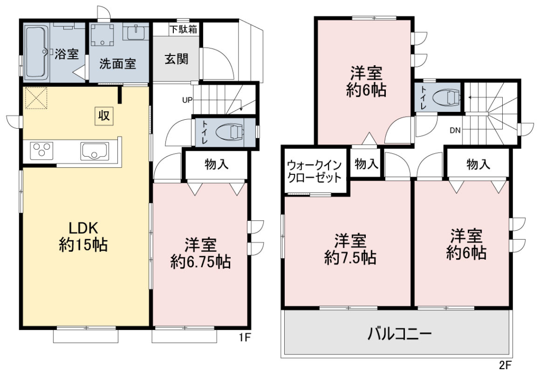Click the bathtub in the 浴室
click(36, 53)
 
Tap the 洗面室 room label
click(118, 64)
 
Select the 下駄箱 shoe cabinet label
click(184, 29)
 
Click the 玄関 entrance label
click(176, 59)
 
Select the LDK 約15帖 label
click(83, 237)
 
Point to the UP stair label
click(188, 100)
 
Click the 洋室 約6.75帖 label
click(200, 253)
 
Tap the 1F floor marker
click(245, 338)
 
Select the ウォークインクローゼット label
click(314, 171)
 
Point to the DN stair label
click(455, 131)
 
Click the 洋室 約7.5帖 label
click(350, 249)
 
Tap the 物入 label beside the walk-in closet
click(366, 164)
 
